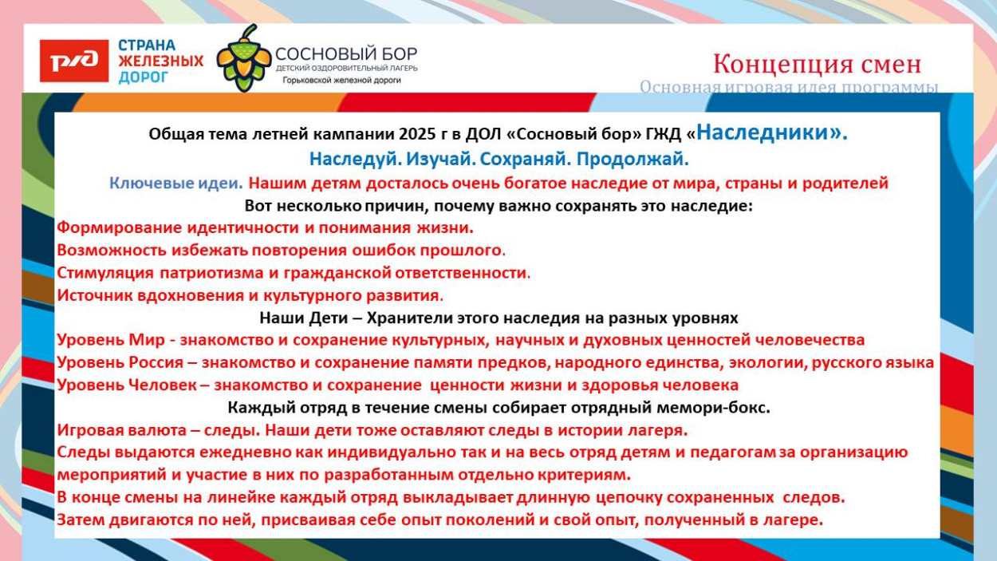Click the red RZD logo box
coord(74,61)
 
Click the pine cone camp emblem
coord(244,58)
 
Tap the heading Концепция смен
coord(817,64)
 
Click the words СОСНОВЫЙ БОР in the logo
coord(346,54)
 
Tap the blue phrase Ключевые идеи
coord(176,183)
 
